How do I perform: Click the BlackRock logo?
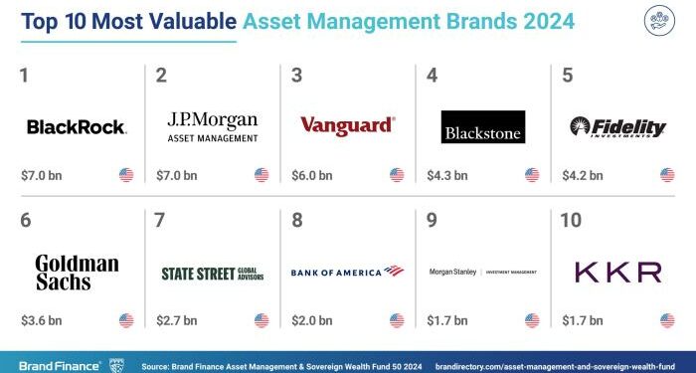click(76, 126)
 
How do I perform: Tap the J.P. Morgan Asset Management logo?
click(212, 126)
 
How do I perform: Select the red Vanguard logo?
click(347, 126)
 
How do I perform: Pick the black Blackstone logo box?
click(482, 126)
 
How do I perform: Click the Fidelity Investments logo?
click(616, 126)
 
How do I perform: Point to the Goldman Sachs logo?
click(77, 272)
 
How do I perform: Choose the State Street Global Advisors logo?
click(212, 273)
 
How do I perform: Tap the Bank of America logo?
click(347, 272)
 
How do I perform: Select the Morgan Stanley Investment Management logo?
click(482, 272)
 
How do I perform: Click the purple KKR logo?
click(617, 272)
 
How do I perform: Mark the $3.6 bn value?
click(42, 320)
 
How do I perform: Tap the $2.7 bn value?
click(177, 320)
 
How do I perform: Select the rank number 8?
click(297, 221)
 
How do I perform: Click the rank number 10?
click(572, 221)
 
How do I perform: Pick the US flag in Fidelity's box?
click(667, 176)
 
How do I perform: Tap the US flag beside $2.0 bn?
click(397, 320)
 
